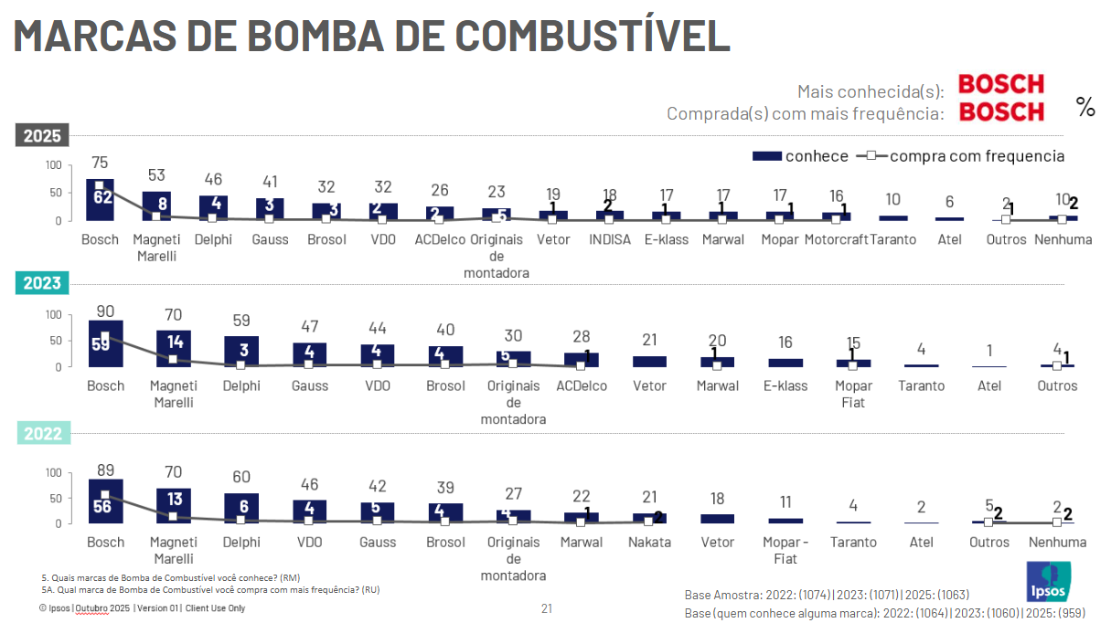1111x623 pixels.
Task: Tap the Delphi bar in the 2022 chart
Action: tap(240, 508)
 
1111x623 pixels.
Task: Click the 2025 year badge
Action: tap(42, 136)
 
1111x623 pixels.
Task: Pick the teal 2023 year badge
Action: tap(42, 283)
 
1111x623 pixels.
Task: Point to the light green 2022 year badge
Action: tap(42, 434)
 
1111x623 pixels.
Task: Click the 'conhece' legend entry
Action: tap(801, 156)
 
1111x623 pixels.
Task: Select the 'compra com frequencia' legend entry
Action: tap(961, 156)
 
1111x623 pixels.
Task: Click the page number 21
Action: tap(547, 607)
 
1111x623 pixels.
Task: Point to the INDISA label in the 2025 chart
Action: tap(609, 240)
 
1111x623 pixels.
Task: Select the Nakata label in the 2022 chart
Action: tap(649, 542)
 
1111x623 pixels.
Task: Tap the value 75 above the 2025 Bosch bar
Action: tap(100, 163)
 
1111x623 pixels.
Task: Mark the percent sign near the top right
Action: tap(1085, 108)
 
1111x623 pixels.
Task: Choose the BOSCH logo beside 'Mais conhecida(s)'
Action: tap(1000, 84)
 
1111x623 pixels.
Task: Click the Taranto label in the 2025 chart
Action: tap(893, 240)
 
